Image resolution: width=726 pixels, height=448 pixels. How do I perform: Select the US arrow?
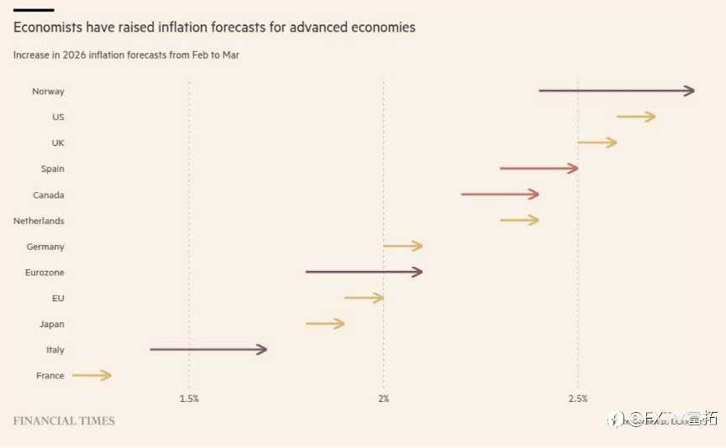pyautogui.click(x=635, y=117)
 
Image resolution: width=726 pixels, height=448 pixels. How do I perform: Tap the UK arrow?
pyautogui.click(x=597, y=143)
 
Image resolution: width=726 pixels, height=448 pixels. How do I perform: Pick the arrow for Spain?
pyautogui.click(x=539, y=169)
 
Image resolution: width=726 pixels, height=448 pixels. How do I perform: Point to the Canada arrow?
pyautogui.click(x=500, y=195)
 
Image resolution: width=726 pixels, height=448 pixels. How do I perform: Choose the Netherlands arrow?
pyautogui.click(x=519, y=221)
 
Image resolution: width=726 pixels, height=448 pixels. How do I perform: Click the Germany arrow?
pyautogui.click(x=402, y=246)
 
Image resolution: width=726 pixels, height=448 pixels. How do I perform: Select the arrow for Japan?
pyautogui.click(x=324, y=324)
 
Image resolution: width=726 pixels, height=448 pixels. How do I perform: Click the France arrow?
pyautogui.click(x=92, y=375)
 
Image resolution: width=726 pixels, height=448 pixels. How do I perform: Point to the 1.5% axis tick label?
pyautogui.click(x=189, y=399)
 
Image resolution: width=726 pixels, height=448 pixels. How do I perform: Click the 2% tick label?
pyautogui.click(x=383, y=399)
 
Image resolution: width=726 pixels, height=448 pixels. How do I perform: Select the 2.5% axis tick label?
pyautogui.click(x=577, y=399)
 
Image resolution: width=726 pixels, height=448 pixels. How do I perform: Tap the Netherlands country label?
pyautogui.click(x=39, y=221)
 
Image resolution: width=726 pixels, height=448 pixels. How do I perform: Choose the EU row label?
pyautogui.click(x=58, y=298)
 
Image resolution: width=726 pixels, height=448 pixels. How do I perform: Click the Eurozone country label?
pyautogui.click(x=45, y=273)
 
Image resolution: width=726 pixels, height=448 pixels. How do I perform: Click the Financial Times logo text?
pyautogui.click(x=64, y=420)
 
